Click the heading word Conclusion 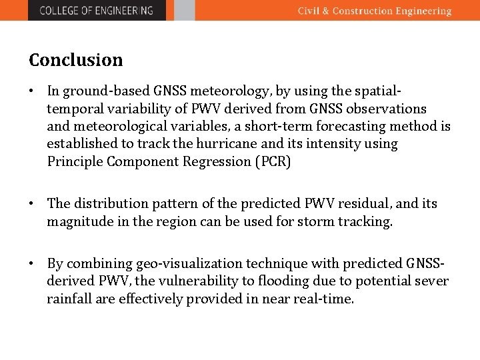(76, 60)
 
